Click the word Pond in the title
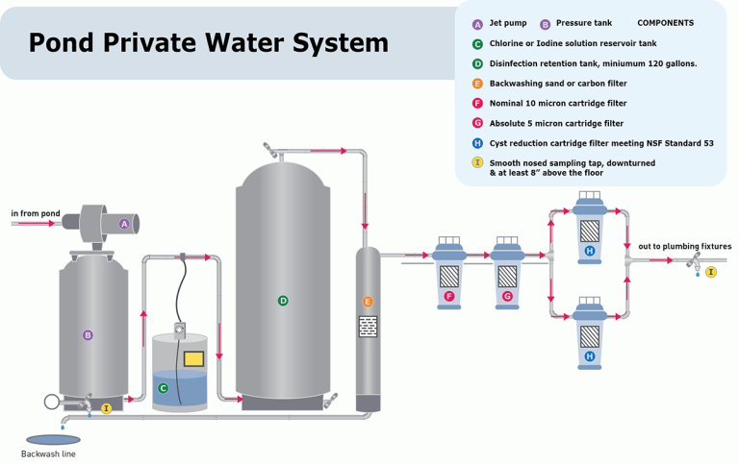64,43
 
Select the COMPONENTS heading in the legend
665,23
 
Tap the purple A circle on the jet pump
123,224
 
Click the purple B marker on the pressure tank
88,335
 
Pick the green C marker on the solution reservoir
163,388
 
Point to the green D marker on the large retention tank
283,301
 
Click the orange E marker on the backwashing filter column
368,302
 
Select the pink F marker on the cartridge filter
448,296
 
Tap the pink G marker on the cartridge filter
507,296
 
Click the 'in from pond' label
35,212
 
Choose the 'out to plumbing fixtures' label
684,247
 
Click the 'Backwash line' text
48,453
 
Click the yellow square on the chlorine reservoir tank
193,359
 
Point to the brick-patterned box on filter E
368,327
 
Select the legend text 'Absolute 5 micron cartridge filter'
556,123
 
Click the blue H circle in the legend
477,143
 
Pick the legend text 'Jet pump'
508,23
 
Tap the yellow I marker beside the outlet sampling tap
711,272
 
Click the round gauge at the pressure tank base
51,402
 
